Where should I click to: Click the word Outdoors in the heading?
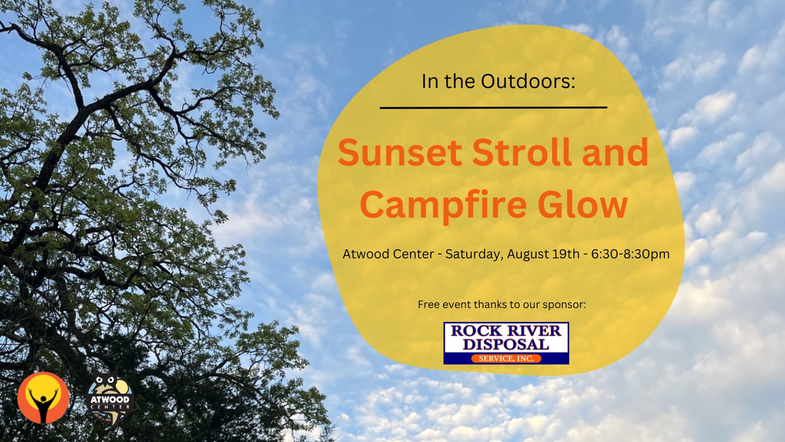pyautogui.click(x=528, y=81)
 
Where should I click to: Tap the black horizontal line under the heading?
pyautogui.click(x=493, y=108)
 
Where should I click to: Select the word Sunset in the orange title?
pyautogui.click(x=400, y=153)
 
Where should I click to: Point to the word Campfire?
pyautogui.click(x=443, y=205)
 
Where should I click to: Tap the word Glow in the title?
pyautogui.click(x=583, y=205)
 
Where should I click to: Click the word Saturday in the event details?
pyautogui.click(x=474, y=254)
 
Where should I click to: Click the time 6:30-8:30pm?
pyautogui.click(x=630, y=254)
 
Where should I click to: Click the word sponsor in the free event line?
pyautogui.click(x=564, y=305)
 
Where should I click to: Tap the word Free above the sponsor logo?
pyautogui.click(x=428, y=304)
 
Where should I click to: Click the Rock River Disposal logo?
pyautogui.click(x=506, y=343)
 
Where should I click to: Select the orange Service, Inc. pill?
pyautogui.click(x=506, y=358)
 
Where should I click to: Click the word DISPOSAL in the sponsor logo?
pyautogui.click(x=506, y=344)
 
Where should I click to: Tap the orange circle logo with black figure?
pyautogui.click(x=44, y=398)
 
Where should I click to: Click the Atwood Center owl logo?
pyautogui.click(x=110, y=398)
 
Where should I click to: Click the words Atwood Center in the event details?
pyautogui.click(x=388, y=254)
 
